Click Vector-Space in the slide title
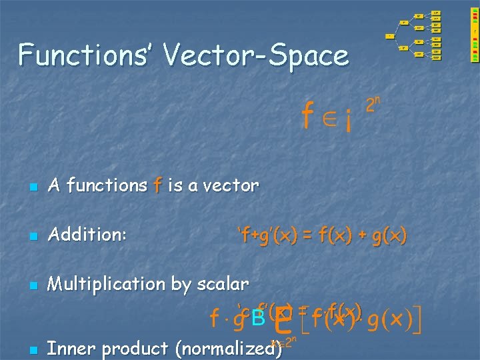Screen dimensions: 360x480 pos(257,55)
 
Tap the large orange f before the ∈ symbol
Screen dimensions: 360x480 pos(307,117)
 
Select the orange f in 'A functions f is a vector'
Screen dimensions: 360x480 pos(157,185)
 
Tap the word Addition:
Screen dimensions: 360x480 pos(88,235)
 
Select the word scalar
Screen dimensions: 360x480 pos(223,284)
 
